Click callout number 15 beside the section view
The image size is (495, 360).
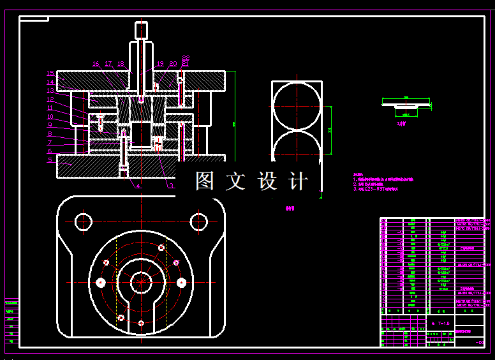[50, 73]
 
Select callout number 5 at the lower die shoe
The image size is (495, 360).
[50, 160]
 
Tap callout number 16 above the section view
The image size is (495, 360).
[96, 64]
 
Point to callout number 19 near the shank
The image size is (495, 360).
[159, 64]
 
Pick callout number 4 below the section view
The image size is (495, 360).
[137, 186]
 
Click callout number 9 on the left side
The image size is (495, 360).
[50, 125]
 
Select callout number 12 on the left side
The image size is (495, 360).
[50, 100]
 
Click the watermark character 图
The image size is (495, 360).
[205, 181]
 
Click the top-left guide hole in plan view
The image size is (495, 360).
[84, 222]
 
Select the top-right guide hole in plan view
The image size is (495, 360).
[198, 222]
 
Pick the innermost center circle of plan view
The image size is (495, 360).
[140, 281]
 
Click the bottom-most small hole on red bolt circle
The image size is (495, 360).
[140, 323]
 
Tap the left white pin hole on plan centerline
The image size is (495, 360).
[100, 281]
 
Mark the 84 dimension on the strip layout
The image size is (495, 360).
[329, 131]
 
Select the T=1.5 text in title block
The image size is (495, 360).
[440, 324]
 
